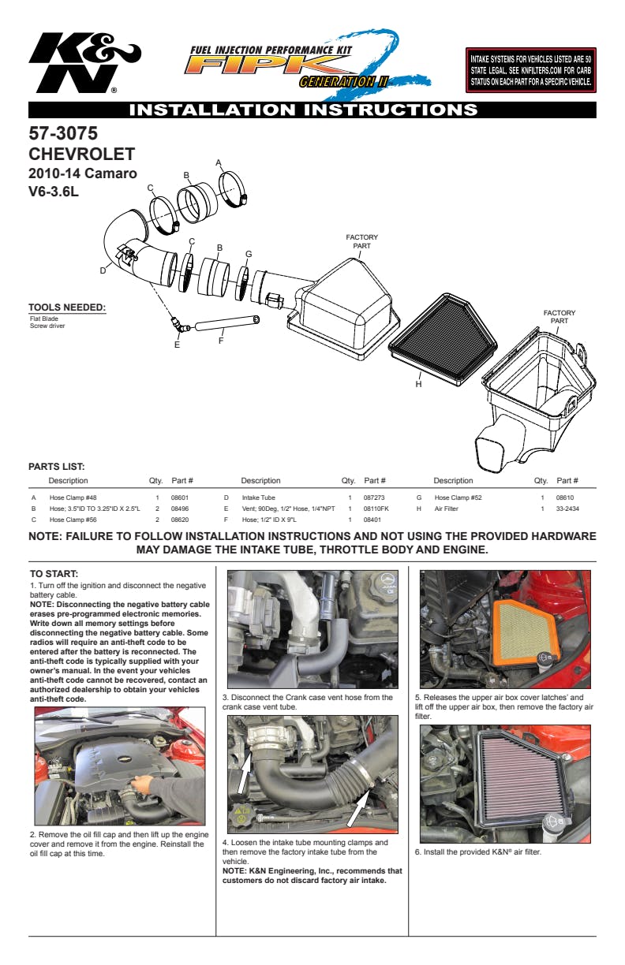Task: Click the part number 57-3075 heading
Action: coord(63,133)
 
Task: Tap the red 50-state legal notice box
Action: coord(530,70)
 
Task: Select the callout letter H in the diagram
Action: coord(418,384)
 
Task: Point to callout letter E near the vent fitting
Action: coord(177,345)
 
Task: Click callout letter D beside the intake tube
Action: coord(103,270)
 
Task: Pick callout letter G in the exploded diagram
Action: coord(249,254)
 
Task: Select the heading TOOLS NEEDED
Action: coord(67,307)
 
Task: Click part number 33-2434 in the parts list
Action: coord(567,509)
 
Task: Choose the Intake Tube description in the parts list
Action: coord(258,498)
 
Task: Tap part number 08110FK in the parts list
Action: coord(376,509)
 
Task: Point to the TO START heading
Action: coord(54,574)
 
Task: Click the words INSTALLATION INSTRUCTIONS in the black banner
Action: coord(303,110)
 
